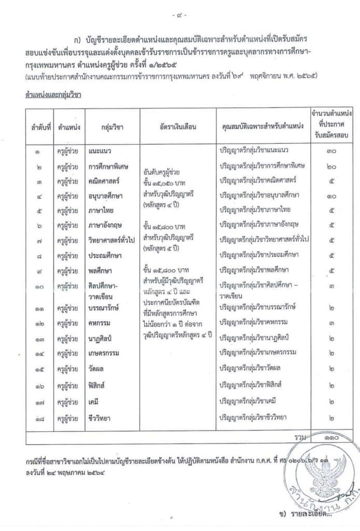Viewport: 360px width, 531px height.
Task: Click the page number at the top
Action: pyautogui.click(x=180, y=16)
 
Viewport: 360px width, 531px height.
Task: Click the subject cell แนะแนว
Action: pyautogui.click(x=100, y=151)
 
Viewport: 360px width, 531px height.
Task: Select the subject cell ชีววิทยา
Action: pyautogui.click(x=100, y=417)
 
